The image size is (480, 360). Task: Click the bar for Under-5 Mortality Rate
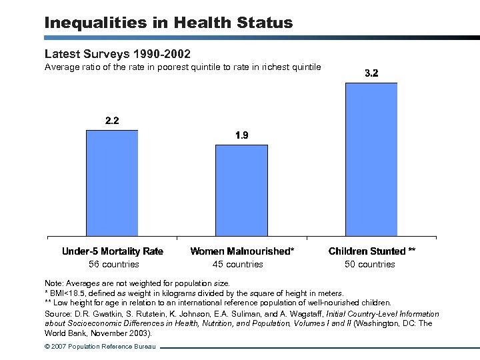pos(112,183)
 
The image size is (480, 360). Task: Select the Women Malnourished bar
pos(241,190)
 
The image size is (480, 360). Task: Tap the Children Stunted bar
pos(371,159)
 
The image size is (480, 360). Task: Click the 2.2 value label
pos(112,121)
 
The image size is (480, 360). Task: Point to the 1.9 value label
pos(241,135)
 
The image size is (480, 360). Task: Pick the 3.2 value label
pos(371,73)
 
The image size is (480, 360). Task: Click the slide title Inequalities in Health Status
pos(168,23)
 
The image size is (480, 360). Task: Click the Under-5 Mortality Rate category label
pos(112,251)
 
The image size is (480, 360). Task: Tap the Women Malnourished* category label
pos(242,251)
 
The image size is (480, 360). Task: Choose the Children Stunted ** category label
pos(372,251)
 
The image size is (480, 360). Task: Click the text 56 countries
pos(113,264)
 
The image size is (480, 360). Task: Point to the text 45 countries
pos(238,264)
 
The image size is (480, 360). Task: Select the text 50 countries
pos(370,264)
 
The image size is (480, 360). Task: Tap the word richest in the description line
pos(275,67)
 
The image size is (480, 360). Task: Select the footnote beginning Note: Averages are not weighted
pos(137,283)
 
